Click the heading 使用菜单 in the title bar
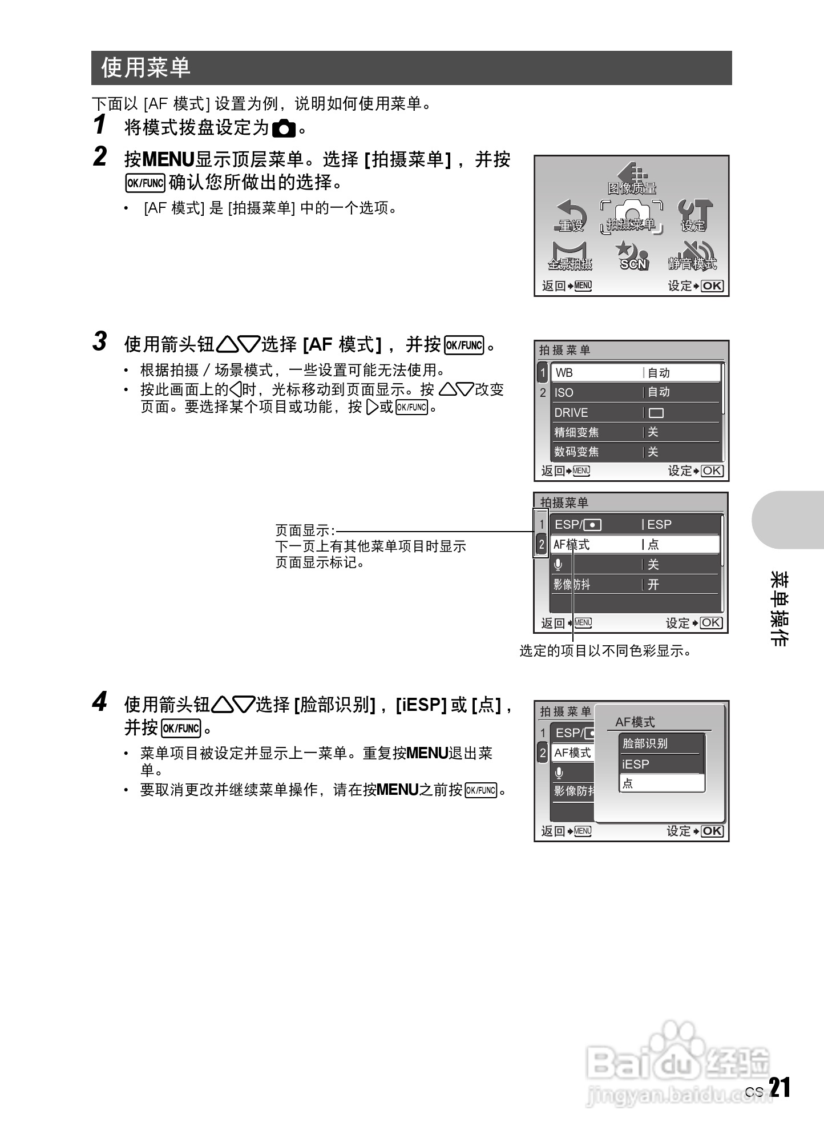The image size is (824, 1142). [x=146, y=67]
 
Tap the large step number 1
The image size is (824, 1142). [x=100, y=124]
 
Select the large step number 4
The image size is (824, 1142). [x=100, y=702]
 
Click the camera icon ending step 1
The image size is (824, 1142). [x=284, y=129]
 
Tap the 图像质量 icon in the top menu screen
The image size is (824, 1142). [x=631, y=178]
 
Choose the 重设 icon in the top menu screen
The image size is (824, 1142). [x=571, y=216]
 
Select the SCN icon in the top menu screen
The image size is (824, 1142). [x=633, y=255]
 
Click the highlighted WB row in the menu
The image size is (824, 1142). [x=636, y=372]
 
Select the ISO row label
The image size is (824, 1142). [x=564, y=392]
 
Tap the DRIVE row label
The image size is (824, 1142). [x=571, y=412]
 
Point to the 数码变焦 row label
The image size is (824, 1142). [x=576, y=452]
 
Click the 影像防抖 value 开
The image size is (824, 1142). [x=653, y=584]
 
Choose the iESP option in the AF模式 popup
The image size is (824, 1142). [x=636, y=764]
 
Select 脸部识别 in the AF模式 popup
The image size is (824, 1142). [x=645, y=743]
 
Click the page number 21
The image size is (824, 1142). [x=779, y=1088]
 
